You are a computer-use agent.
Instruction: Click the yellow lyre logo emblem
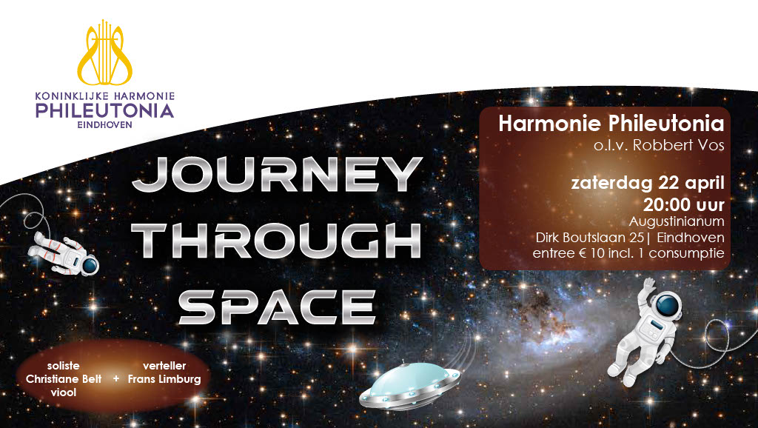pyautogui.click(x=104, y=53)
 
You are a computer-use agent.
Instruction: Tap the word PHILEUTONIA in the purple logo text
pyautogui.click(x=104, y=111)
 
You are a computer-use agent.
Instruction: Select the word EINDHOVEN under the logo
pyautogui.click(x=104, y=125)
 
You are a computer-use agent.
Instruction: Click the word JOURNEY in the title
pyautogui.click(x=277, y=174)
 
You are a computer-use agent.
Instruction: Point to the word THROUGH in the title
pyautogui.click(x=276, y=241)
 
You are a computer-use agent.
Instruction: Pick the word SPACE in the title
pyautogui.click(x=277, y=307)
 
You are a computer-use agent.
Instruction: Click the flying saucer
pyautogui.click(x=409, y=385)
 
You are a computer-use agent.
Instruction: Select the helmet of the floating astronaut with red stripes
pyautogui.click(x=90, y=266)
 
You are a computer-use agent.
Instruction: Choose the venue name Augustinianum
pyautogui.click(x=677, y=221)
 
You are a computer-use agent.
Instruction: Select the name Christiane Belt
pyautogui.click(x=64, y=379)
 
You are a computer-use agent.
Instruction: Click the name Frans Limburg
pyautogui.click(x=164, y=379)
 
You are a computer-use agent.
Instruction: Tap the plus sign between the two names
pyautogui.click(x=116, y=378)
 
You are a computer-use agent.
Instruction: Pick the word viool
pyautogui.click(x=64, y=392)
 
